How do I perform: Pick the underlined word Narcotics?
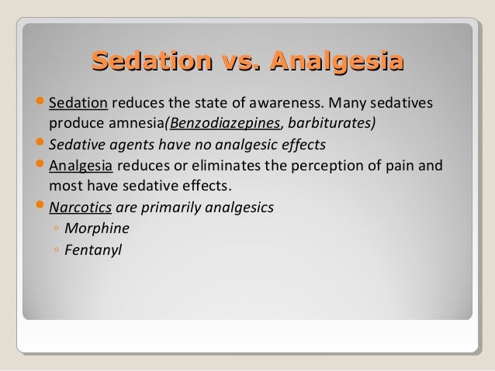pyautogui.click(x=79, y=208)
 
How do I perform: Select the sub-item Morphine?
pyautogui.click(x=97, y=228)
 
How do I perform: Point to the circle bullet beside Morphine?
pyautogui.click(x=56, y=229)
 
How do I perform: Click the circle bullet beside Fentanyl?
pyautogui.click(x=56, y=250)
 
